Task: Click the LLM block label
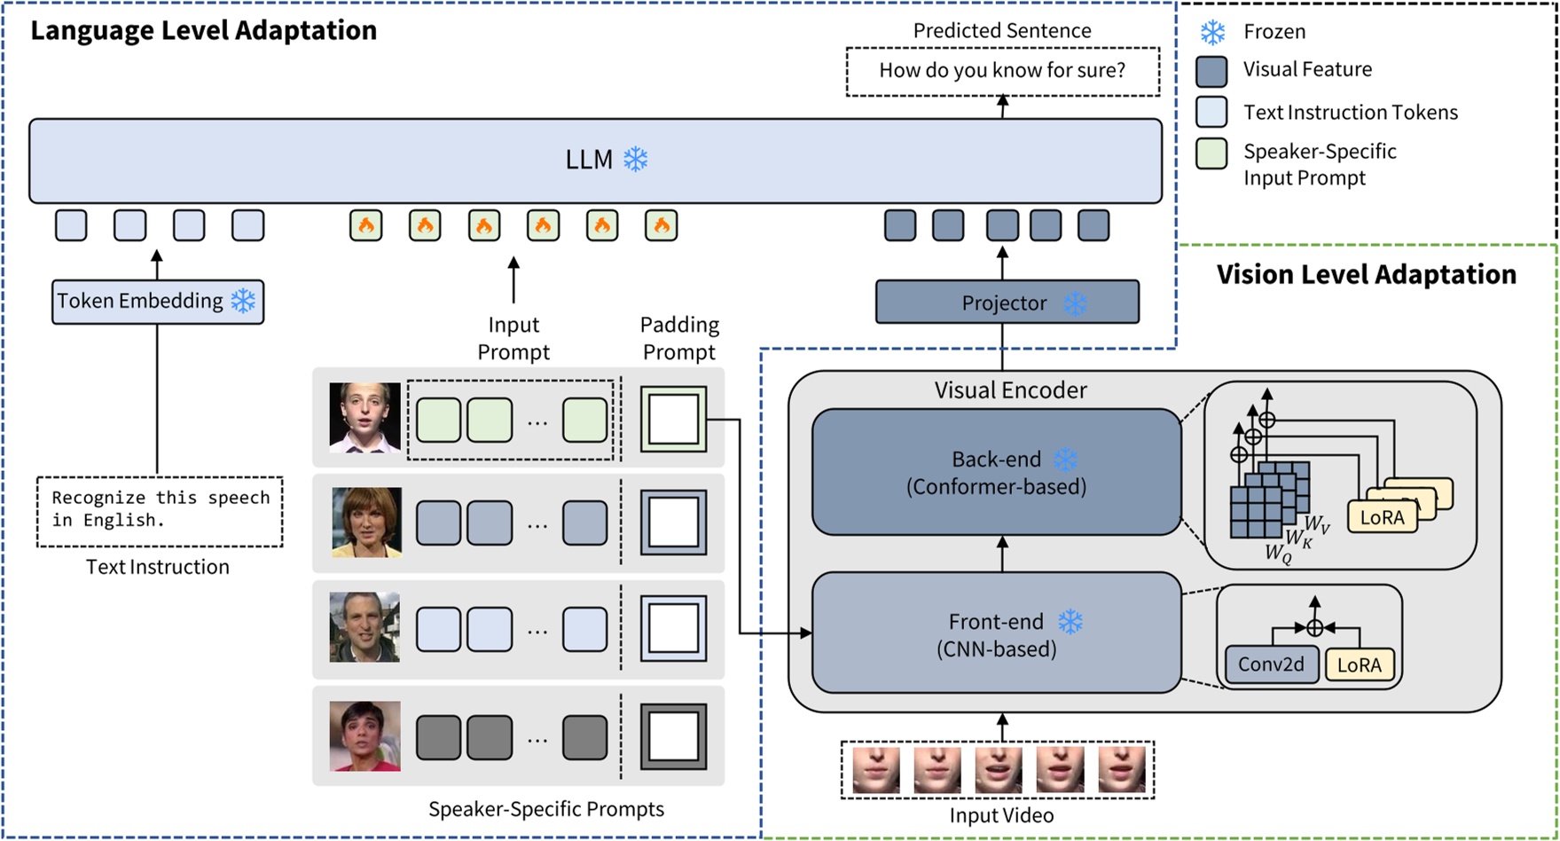tap(589, 160)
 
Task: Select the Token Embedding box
tap(157, 302)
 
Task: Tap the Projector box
tap(1007, 303)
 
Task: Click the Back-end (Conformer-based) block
tap(996, 472)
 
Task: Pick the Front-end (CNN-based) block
tap(996, 633)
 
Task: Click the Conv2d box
tap(1271, 664)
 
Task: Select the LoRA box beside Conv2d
tap(1359, 664)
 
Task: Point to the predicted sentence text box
tap(1002, 71)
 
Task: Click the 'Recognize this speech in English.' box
tap(160, 510)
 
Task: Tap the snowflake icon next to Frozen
tap(1212, 32)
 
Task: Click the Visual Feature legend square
tap(1211, 71)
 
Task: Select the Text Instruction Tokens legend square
tap(1211, 112)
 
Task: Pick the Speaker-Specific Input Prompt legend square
tap(1211, 153)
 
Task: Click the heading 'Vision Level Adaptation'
tap(1366, 274)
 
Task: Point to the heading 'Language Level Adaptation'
tap(203, 30)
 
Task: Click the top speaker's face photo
tap(365, 417)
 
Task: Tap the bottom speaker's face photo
tap(365, 735)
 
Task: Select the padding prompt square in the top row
tap(673, 419)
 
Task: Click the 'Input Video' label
tap(1001, 815)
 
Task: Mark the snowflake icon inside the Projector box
tap(1075, 303)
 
